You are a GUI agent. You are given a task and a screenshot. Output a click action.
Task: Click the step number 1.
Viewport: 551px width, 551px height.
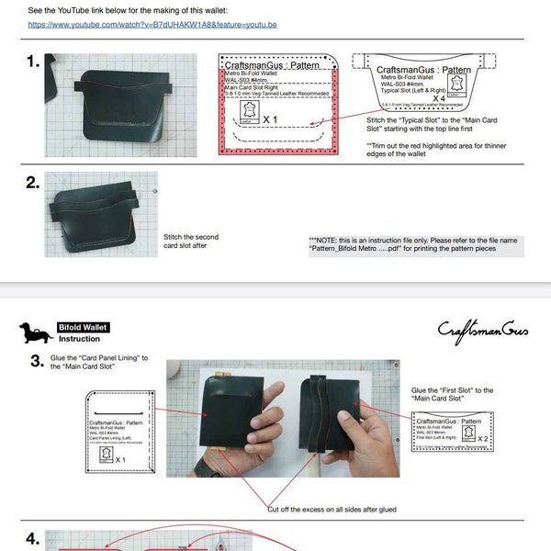click(x=33, y=62)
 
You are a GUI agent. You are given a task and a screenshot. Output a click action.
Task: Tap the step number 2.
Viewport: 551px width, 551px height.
click(x=33, y=182)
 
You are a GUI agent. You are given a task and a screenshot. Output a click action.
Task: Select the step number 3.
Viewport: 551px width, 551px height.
click(x=37, y=361)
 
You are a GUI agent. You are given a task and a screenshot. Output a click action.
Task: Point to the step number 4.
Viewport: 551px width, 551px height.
click(x=33, y=539)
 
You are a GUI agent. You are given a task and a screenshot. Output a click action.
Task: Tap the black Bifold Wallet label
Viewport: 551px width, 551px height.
click(x=84, y=327)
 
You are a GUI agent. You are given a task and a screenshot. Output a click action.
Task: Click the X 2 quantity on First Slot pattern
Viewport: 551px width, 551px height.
click(x=483, y=438)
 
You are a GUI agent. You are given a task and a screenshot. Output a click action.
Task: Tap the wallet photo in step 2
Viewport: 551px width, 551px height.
click(x=100, y=213)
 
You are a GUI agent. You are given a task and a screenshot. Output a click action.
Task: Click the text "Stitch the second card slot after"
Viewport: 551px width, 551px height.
click(x=191, y=241)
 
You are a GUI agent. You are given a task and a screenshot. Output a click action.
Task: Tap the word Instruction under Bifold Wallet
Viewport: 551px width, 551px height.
click(x=80, y=339)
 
